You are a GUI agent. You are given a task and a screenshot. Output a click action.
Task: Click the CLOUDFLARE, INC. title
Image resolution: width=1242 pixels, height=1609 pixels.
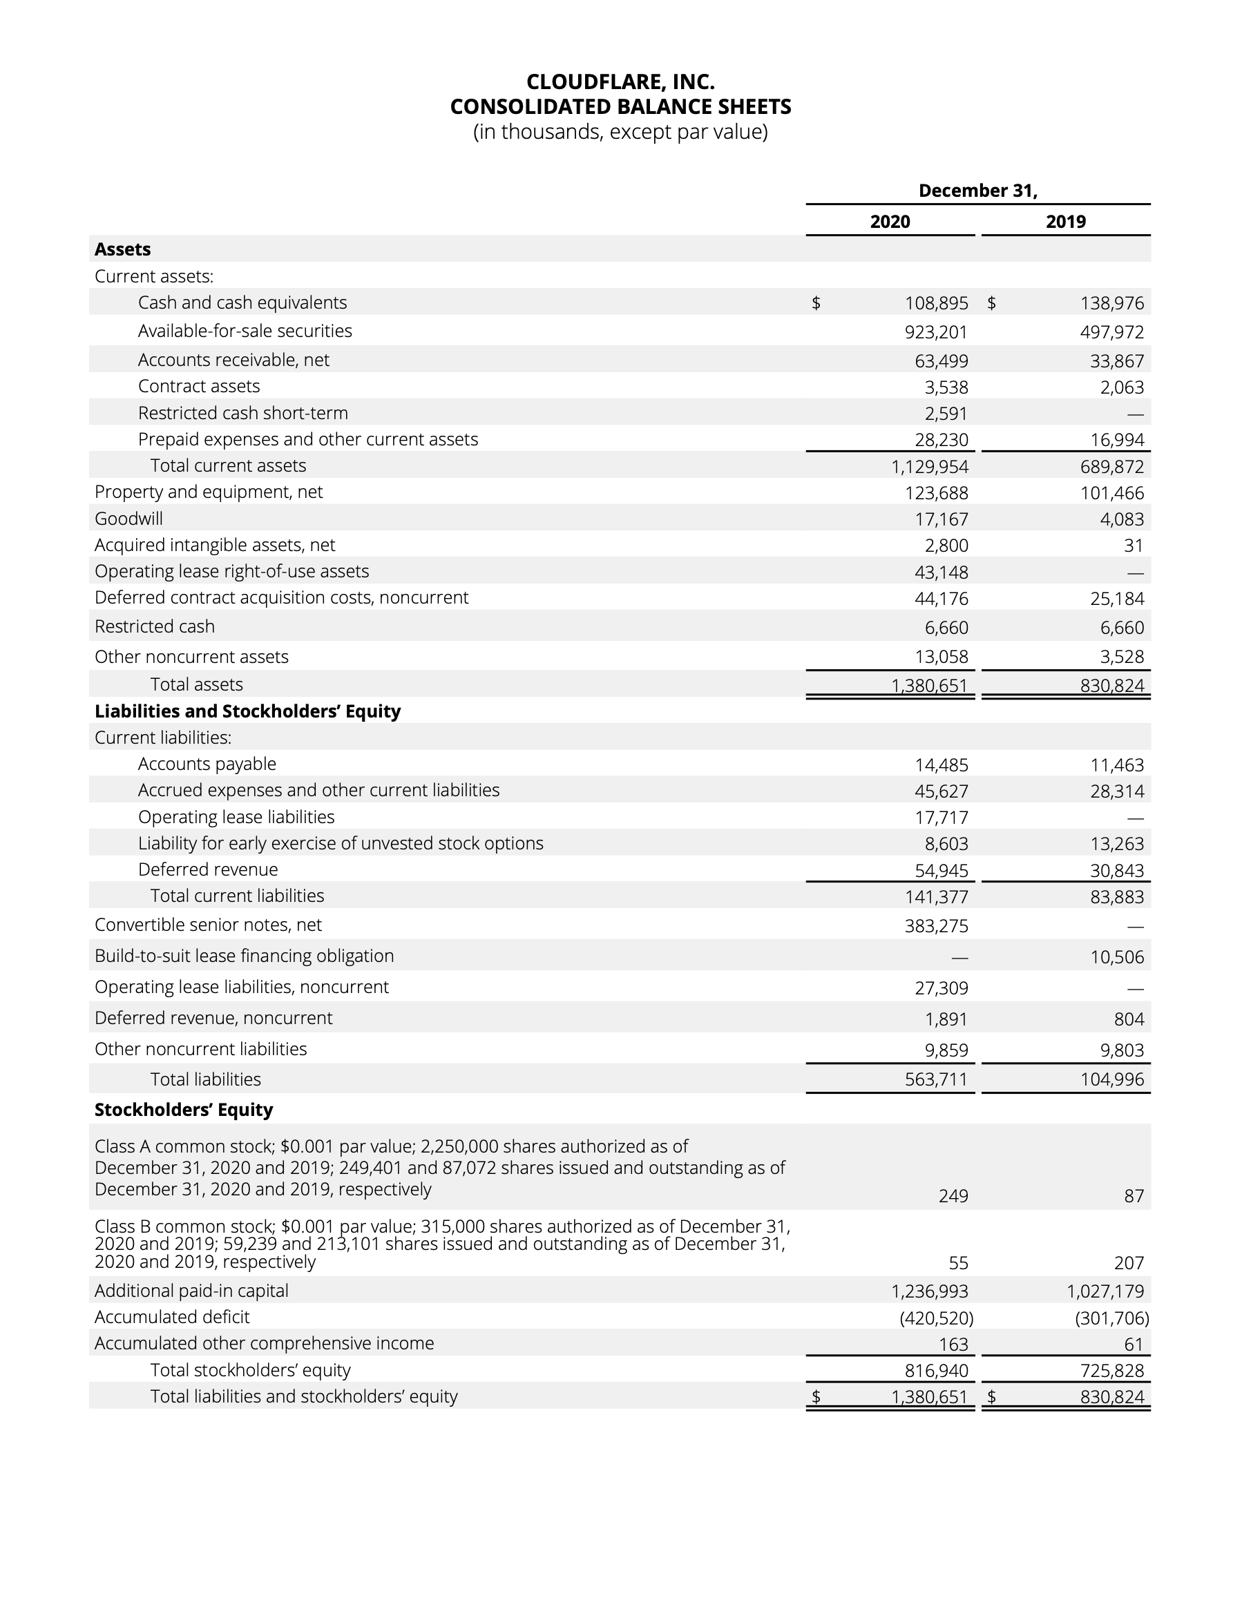point(620,81)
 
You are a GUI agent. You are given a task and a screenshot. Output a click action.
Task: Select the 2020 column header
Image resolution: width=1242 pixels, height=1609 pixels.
point(890,222)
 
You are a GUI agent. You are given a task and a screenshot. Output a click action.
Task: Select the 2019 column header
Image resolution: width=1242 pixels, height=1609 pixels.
point(1065,222)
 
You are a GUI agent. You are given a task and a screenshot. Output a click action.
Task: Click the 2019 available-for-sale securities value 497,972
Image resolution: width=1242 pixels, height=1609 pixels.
point(1111,332)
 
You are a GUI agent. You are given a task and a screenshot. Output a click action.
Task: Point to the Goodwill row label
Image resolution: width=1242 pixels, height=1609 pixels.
point(128,519)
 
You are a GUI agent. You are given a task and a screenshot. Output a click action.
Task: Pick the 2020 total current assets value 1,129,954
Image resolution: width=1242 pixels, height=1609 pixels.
point(930,467)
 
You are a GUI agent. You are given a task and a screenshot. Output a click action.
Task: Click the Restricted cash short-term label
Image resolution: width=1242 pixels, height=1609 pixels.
point(242,414)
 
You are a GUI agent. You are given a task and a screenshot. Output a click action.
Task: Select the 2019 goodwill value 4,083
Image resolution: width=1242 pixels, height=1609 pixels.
point(1122,519)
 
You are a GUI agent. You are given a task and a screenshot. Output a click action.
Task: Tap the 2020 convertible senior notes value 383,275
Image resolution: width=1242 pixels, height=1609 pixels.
point(936,926)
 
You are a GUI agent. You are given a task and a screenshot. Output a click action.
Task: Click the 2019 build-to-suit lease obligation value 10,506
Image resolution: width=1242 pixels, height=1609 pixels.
point(1117,957)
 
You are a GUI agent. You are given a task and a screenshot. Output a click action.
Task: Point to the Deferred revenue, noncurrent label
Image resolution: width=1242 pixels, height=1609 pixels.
point(213,1018)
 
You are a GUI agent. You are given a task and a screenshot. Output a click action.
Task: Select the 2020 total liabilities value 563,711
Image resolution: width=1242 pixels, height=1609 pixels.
point(936,1080)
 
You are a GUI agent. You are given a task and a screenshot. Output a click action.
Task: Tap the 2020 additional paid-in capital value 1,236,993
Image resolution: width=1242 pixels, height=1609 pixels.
point(930,1291)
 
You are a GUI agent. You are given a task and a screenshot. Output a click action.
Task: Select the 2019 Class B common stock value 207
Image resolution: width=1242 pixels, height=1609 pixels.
point(1129,1264)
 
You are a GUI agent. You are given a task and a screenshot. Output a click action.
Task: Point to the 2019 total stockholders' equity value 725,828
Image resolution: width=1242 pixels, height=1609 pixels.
point(1111,1371)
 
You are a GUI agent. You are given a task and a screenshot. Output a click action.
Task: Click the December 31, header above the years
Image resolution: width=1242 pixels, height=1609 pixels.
point(977,191)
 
